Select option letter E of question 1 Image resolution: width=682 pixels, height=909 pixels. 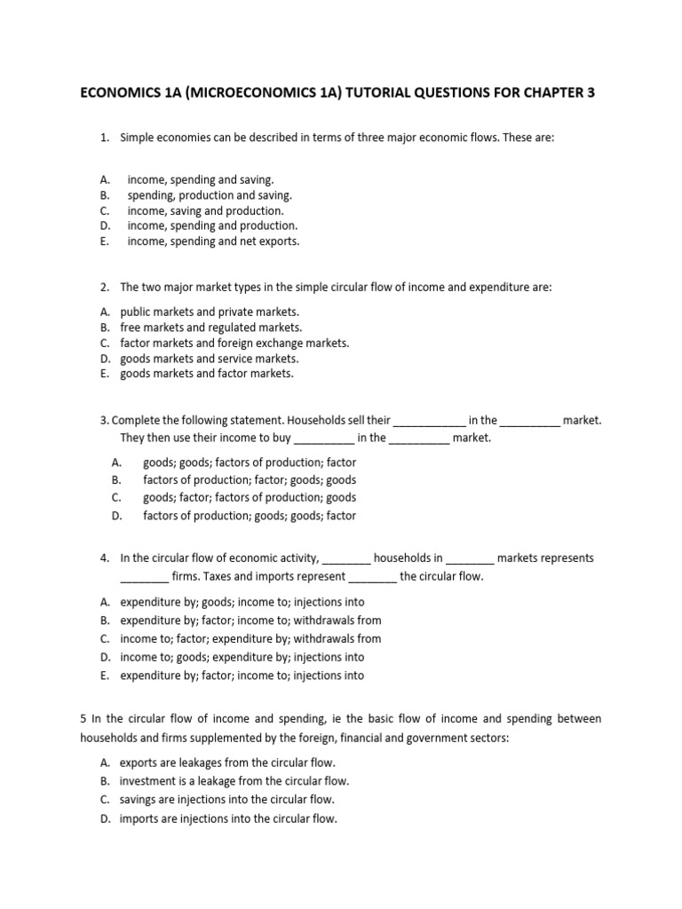click(x=104, y=241)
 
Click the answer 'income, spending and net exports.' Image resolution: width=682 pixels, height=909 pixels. click(x=213, y=241)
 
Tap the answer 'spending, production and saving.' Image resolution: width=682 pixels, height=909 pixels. click(x=210, y=195)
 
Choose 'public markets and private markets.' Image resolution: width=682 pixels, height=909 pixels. click(x=210, y=312)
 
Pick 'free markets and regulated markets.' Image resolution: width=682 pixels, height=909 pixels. click(x=210, y=328)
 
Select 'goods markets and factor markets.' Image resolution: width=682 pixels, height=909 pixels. click(x=206, y=374)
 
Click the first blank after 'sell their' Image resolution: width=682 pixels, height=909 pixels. click(x=429, y=421)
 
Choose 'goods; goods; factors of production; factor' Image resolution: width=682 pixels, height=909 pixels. click(x=250, y=462)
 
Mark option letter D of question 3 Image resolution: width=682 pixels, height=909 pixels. click(x=116, y=516)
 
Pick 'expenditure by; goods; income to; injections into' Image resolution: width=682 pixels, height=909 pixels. click(x=242, y=602)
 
